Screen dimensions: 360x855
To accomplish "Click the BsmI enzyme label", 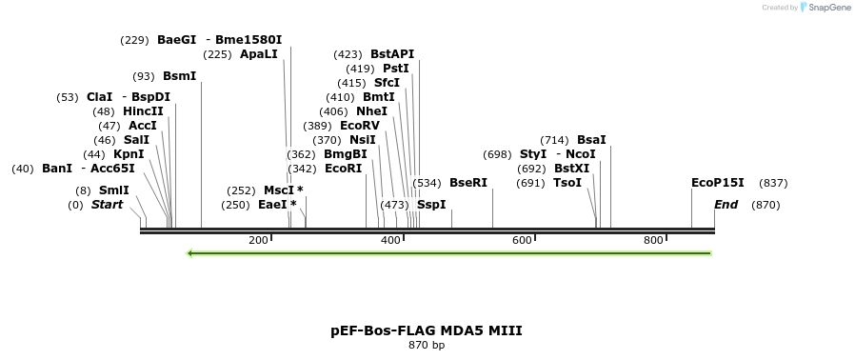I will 179,76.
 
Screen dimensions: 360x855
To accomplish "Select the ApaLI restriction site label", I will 259,54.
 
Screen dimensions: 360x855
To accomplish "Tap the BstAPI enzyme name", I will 392,54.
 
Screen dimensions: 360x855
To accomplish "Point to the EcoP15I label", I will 718,183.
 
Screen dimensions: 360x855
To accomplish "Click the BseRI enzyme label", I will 468,183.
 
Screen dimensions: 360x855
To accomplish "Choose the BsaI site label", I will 591,140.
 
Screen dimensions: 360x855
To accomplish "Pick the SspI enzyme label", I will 431,205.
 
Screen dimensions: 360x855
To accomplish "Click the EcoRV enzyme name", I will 360,126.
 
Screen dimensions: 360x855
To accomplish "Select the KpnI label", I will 129,154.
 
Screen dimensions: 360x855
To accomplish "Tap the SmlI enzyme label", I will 114,190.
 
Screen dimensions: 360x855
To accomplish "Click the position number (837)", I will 773,183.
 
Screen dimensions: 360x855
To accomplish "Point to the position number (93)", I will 144,76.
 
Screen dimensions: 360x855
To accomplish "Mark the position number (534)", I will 427,183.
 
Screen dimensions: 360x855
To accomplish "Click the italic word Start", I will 107,205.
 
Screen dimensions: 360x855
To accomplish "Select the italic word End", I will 726,205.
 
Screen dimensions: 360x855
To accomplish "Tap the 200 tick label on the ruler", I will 258,240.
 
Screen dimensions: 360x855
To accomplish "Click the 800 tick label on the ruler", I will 653,240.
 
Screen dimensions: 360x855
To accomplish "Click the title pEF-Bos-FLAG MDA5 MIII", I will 427,330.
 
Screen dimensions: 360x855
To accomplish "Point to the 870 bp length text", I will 427,345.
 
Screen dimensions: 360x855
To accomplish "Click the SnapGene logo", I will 825,8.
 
